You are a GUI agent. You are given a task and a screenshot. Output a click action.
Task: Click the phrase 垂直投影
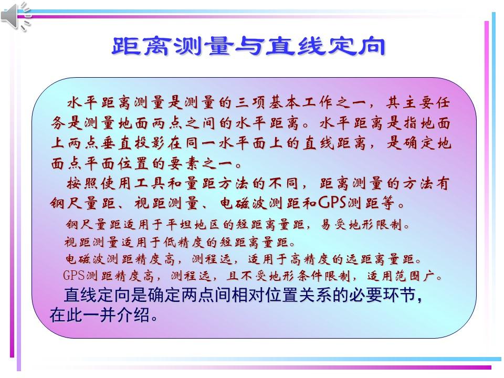tap(132, 143)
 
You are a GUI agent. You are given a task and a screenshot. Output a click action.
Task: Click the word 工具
tap(163, 184)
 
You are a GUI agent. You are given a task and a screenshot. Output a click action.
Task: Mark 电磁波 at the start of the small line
tap(81, 259)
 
